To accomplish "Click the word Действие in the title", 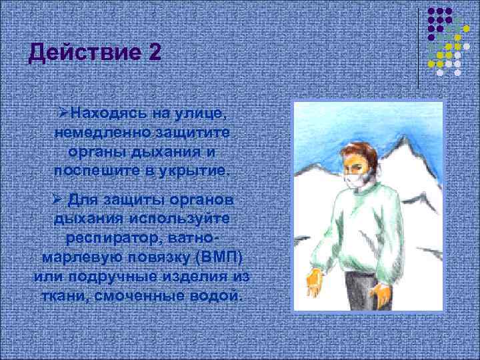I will (x=79, y=53).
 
